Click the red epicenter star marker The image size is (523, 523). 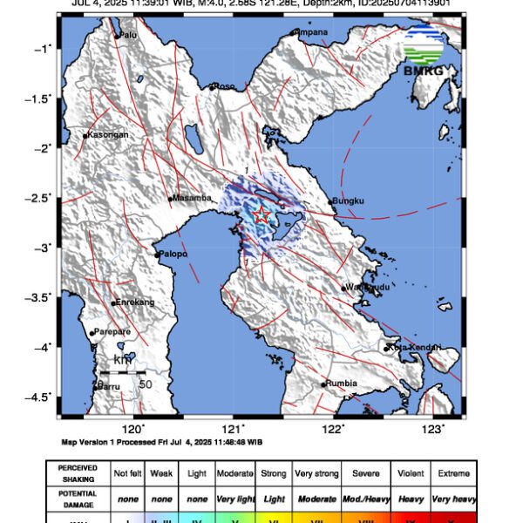click(261, 214)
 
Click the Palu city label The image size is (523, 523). click(128, 35)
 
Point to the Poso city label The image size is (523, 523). click(225, 86)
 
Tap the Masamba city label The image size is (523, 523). click(193, 199)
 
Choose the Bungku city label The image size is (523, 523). click(349, 202)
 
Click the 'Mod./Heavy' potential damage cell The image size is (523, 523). click(364, 493)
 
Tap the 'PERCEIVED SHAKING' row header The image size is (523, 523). click(78, 473)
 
